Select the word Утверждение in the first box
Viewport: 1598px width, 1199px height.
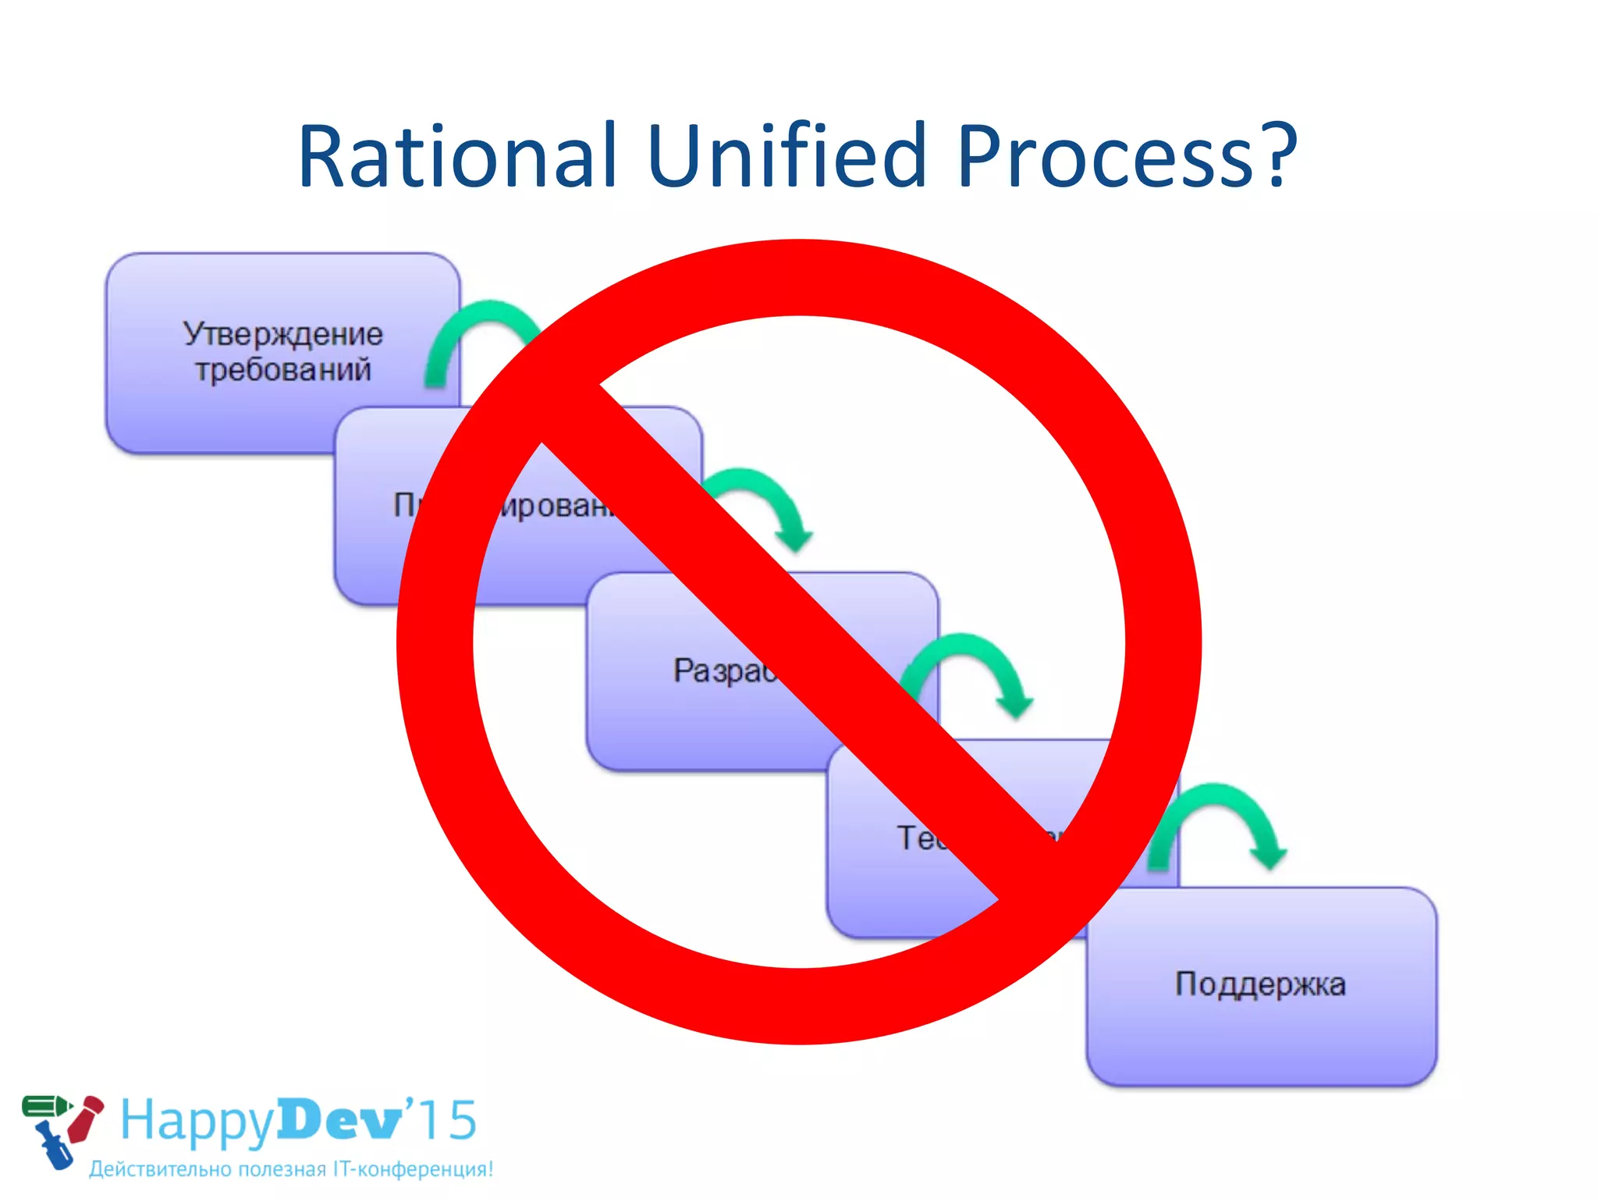click(x=283, y=334)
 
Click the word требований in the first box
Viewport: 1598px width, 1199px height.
click(x=283, y=369)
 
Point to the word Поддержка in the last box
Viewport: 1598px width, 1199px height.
click(x=1260, y=984)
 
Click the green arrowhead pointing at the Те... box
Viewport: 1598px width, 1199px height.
click(x=1014, y=705)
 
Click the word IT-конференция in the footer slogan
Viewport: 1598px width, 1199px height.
click(x=413, y=1169)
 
